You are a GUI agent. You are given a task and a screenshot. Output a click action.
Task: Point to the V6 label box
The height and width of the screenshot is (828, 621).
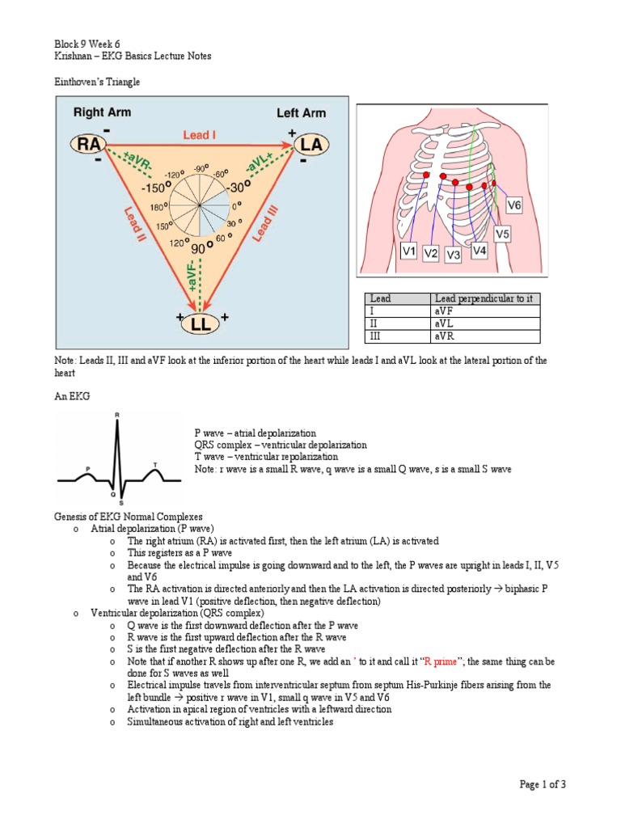(514, 206)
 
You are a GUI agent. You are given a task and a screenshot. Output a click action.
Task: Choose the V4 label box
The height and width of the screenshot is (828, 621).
(480, 251)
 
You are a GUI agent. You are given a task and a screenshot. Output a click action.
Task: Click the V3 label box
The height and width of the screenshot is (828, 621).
(454, 256)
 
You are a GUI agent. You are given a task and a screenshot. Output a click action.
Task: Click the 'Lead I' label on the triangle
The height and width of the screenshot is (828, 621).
(198, 136)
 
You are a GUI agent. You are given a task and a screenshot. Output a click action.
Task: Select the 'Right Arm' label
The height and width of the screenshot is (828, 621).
(102, 113)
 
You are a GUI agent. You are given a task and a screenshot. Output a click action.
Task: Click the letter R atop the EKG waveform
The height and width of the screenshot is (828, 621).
(118, 415)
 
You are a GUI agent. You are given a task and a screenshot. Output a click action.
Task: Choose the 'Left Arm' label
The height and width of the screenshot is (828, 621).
(301, 113)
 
